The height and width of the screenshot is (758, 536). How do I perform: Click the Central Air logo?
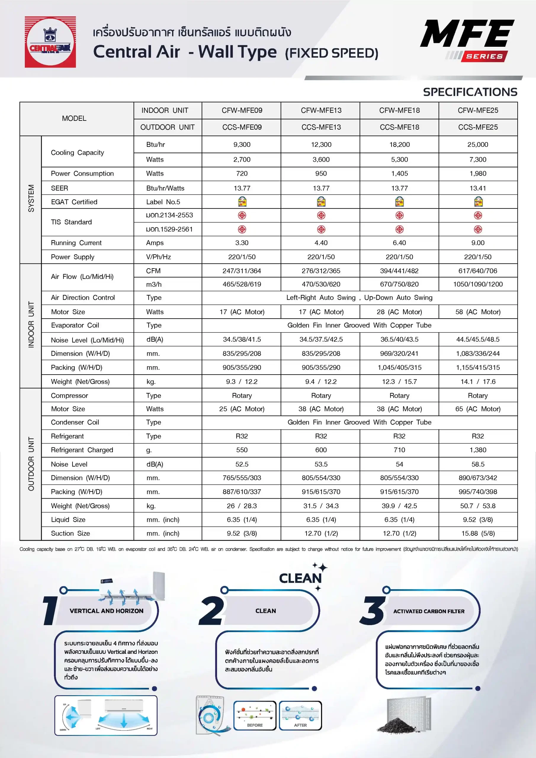[50, 42]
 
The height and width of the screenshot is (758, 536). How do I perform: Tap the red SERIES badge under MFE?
[484, 57]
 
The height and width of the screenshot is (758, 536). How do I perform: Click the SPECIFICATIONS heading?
[470, 92]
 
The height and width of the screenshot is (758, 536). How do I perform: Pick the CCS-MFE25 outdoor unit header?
[478, 127]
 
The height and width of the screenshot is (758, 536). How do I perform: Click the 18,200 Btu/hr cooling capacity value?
[399, 144]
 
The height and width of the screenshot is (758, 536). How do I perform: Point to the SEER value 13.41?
[478, 188]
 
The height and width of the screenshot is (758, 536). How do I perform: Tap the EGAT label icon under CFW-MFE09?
[242, 202]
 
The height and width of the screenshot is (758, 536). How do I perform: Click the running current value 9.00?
[478, 243]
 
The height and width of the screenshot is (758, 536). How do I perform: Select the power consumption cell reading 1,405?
[399, 174]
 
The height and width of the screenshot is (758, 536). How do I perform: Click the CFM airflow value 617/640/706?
[478, 271]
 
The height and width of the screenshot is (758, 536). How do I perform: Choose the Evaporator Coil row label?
[75, 325]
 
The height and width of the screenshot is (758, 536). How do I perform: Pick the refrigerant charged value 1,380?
[478, 450]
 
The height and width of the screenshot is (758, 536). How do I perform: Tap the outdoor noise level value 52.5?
[242, 464]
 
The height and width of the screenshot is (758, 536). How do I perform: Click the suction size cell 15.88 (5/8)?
[478, 533]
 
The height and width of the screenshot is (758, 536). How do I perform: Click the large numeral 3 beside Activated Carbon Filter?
[373, 611]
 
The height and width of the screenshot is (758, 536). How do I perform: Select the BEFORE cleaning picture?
[255, 716]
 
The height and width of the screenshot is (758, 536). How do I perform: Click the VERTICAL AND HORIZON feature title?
[106, 611]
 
